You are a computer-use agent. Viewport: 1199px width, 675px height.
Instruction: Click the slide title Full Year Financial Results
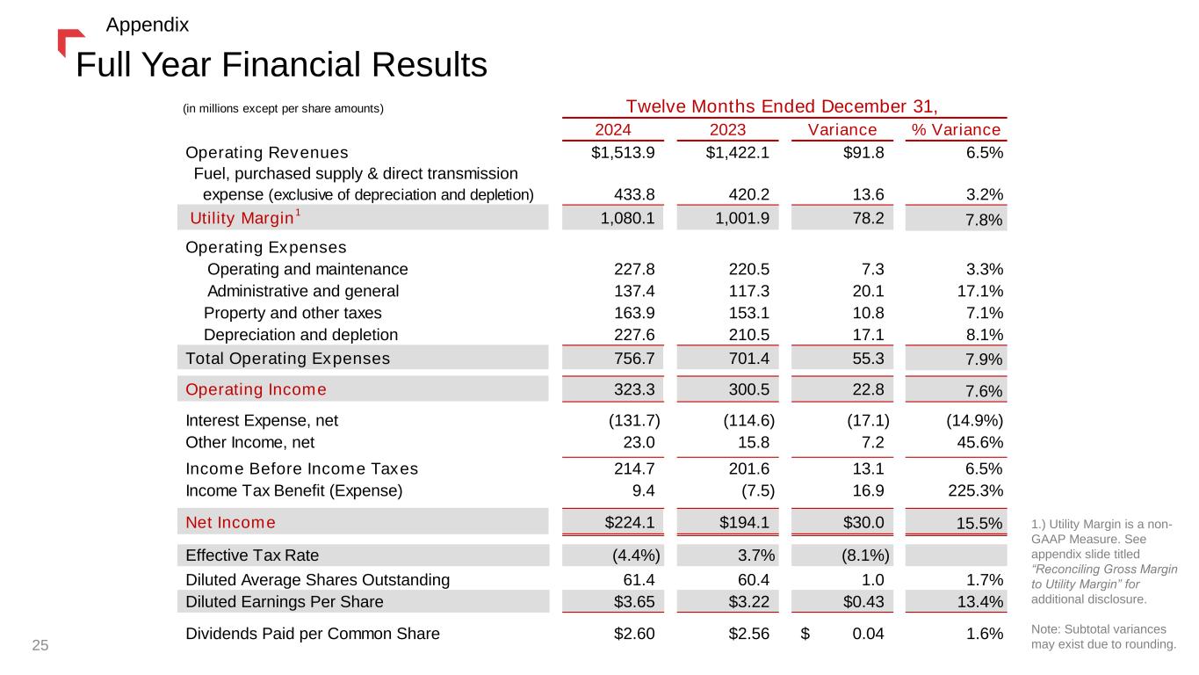281,63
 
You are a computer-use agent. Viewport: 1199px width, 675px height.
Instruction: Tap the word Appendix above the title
147,25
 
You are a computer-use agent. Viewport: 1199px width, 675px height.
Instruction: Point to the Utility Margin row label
233,217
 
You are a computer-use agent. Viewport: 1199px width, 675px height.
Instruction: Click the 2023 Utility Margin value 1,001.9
741,217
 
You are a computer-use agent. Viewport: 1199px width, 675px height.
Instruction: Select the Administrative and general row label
303,291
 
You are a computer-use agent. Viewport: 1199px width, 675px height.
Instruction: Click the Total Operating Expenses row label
288,358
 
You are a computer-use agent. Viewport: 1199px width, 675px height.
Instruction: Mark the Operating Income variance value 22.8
863,388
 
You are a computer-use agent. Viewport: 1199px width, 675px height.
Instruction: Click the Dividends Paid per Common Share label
313,633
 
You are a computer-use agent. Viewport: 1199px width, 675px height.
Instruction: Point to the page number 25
40,646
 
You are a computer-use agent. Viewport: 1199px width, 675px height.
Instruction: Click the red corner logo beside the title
67,40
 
